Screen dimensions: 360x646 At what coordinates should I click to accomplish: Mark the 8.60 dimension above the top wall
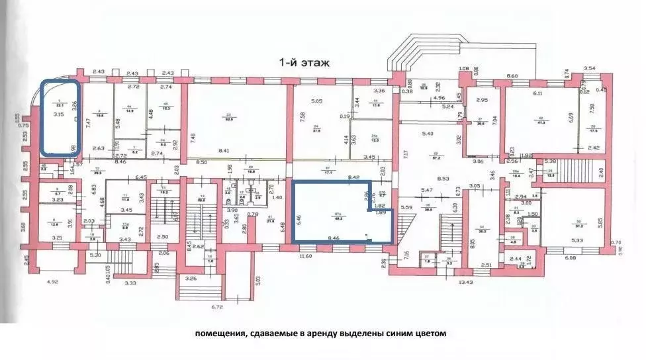512,77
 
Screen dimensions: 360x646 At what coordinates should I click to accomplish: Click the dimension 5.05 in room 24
316,101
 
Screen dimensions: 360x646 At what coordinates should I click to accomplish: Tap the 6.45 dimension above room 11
140,177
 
